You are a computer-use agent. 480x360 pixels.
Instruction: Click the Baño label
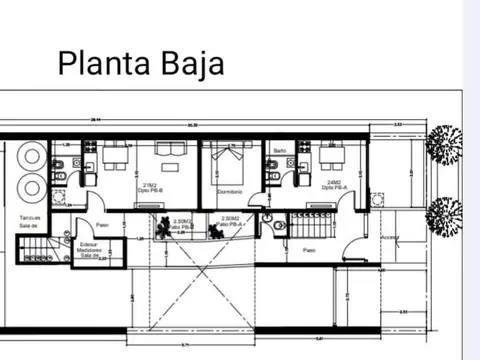[279, 149]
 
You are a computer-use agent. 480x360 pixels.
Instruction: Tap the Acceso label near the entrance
[389, 238]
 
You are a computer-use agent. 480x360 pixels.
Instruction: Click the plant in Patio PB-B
[160, 226]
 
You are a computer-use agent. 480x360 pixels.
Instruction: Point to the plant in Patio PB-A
[216, 228]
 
